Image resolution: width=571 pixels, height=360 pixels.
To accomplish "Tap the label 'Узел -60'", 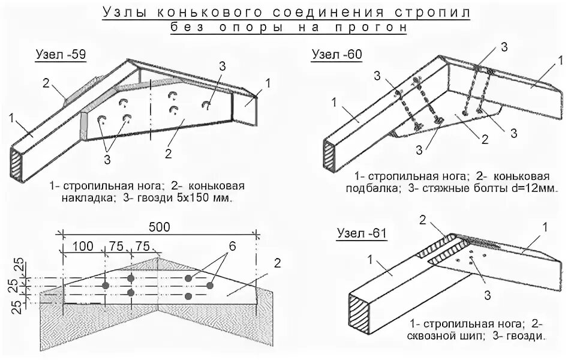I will [336, 55].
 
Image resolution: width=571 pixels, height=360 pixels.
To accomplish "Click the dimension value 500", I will [159, 227].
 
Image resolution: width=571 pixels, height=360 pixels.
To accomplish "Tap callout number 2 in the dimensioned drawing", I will [278, 262].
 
